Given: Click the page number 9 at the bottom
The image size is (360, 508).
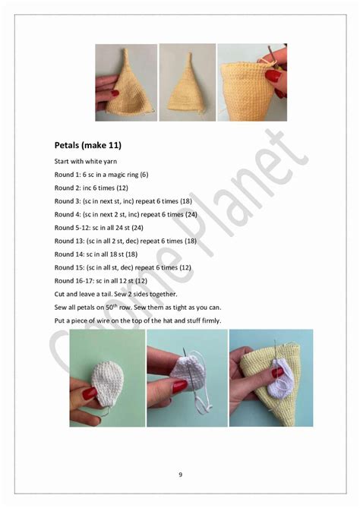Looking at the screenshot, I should pos(180,475).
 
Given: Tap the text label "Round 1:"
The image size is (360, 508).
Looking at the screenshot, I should pos(68,175).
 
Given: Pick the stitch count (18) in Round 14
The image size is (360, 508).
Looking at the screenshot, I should pos(131,254).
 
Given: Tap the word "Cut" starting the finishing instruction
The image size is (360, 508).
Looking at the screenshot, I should pos(60,294).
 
